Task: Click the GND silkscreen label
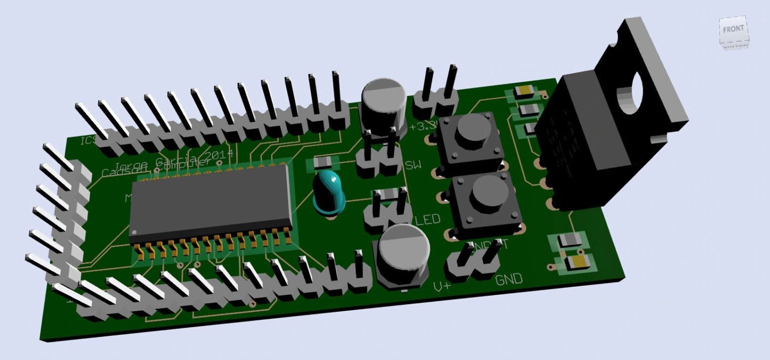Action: pyautogui.click(x=509, y=280)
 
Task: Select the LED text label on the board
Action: pyautogui.click(x=428, y=220)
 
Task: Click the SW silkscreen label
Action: pyautogui.click(x=413, y=165)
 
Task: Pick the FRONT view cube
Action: pyautogui.click(x=733, y=31)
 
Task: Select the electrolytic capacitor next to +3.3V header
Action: pyautogui.click(x=383, y=103)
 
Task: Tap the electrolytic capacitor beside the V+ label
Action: pyautogui.click(x=404, y=253)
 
